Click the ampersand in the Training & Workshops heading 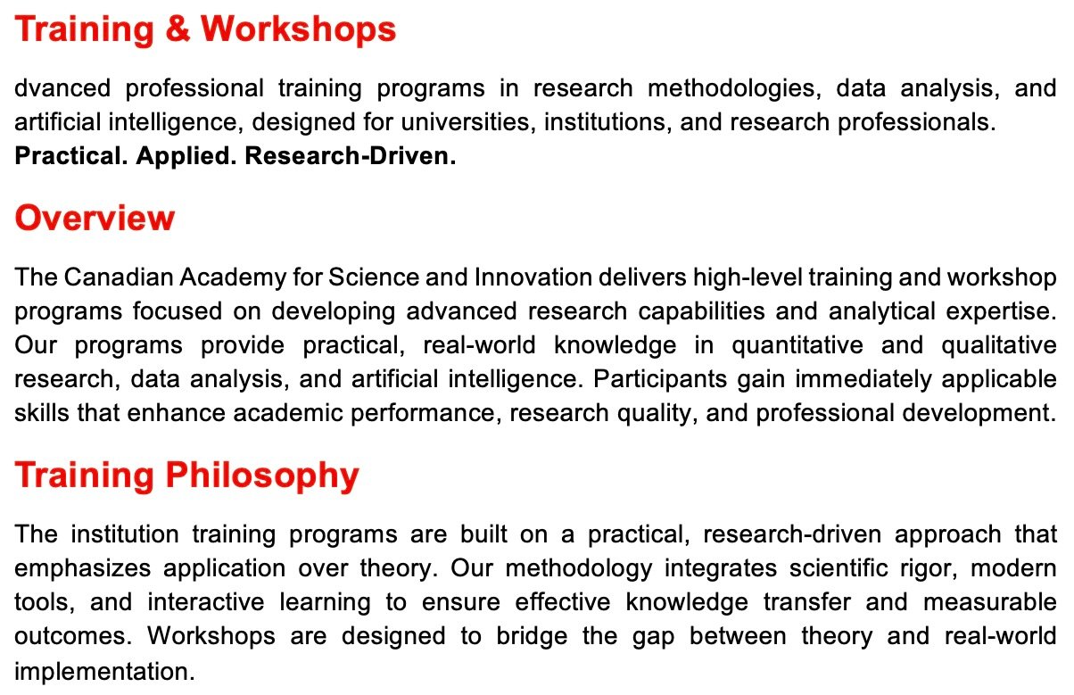(x=178, y=29)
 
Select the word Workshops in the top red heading (x=298, y=29)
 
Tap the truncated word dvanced (x=62, y=88)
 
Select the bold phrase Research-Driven (x=351, y=156)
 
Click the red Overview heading (x=95, y=219)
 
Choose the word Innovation (x=533, y=277)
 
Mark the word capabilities (x=701, y=311)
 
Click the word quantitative (x=797, y=346)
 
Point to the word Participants (x=660, y=380)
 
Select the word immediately (x=863, y=380)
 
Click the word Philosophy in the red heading (x=262, y=476)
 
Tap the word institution (x=125, y=534)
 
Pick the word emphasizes (x=82, y=569)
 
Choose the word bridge (x=532, y=637)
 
